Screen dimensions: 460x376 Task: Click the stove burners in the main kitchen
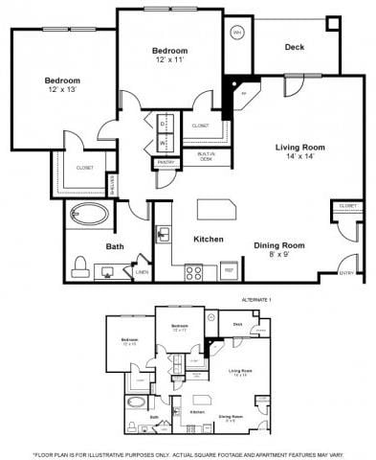(x=193, y=271)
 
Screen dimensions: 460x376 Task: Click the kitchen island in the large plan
(x=217, y=210)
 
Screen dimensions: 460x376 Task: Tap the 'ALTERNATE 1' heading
(x=255, y=300)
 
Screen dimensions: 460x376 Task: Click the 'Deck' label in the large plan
(x=295, y=45)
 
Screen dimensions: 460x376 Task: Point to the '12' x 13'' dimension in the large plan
(x=61, y=89)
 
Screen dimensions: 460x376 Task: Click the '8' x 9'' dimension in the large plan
(x=278, y=255)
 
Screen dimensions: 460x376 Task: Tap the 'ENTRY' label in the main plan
(x=346, y=272)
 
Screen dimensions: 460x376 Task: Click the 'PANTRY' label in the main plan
(x=165, y=163)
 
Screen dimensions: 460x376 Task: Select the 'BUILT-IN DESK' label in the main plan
(x=207, y=156)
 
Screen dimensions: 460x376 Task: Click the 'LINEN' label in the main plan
(x=143, y=273)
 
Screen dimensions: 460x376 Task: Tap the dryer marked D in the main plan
(x=164, y=125)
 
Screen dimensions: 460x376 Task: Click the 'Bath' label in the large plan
(x=115, y=246)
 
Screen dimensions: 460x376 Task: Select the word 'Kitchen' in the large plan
(x=209, y=239)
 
